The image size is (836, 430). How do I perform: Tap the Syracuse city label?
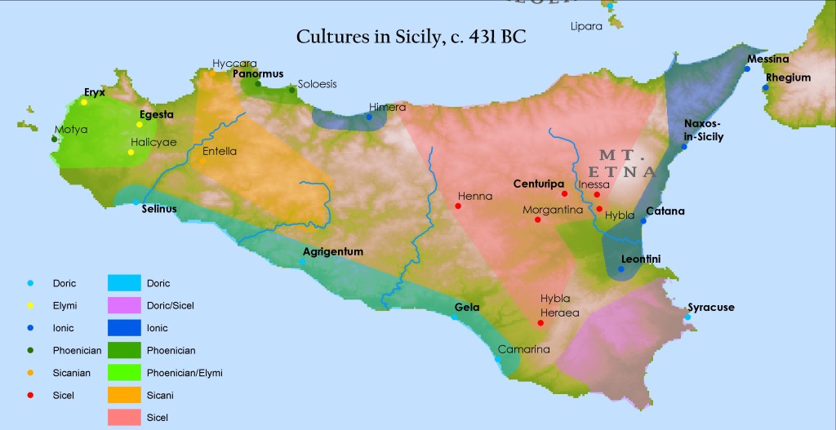coord(711,308)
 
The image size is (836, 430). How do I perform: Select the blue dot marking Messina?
coord(747,69)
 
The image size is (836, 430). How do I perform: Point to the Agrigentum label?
coord(332,251)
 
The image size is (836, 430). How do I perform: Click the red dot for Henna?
coord(458,206)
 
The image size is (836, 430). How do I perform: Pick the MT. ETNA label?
coord(626,163)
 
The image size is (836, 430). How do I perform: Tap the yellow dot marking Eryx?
coord(84,102)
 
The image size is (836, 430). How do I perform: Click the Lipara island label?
coord(586,26)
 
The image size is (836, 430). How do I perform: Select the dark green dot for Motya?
coord(54,139)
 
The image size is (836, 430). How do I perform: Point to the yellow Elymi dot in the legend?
coord(30,306)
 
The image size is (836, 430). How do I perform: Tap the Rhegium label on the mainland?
coord(789,78)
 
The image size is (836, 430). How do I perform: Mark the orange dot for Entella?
coord(202,161)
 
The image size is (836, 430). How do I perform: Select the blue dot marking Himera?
coord(369,117)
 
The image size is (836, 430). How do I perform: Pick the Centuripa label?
coord(540,184)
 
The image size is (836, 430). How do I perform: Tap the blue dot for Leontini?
coord(621,269)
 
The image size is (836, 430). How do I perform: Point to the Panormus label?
coord(258,73)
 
